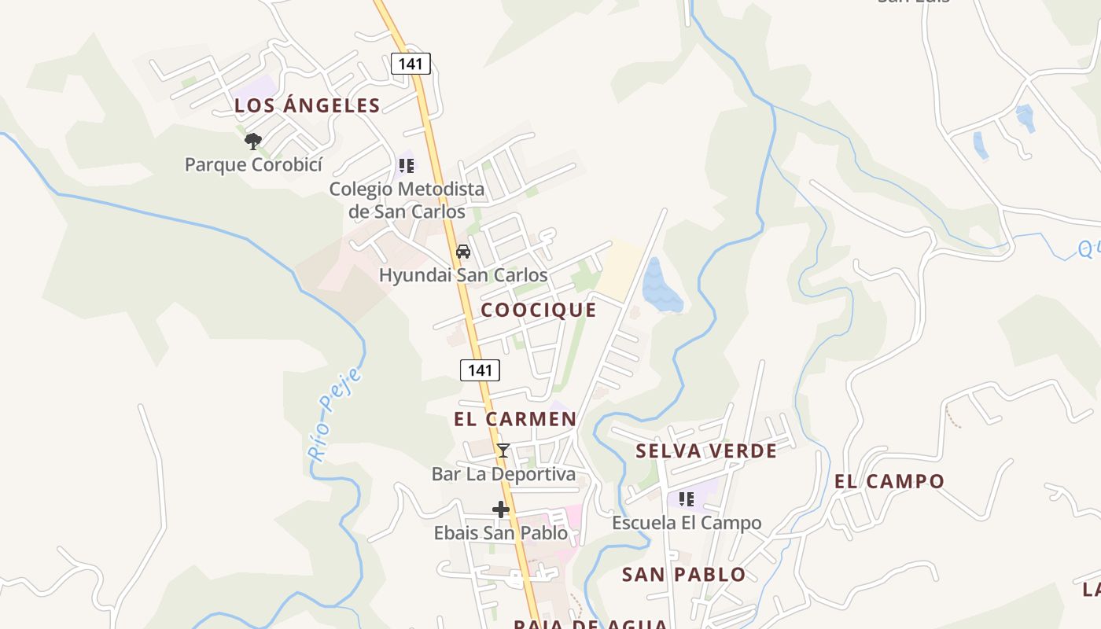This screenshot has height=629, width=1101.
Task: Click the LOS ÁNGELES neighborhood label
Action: tap(307, 105)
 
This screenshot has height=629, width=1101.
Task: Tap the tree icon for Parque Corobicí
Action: tap(252, 142)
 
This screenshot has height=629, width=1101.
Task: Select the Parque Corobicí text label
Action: tap(253, 165)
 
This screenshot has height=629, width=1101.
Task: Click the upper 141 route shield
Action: tap(411, 64)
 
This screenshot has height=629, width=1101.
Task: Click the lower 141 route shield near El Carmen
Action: tap(480, 370)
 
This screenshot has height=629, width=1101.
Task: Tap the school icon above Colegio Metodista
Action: tap(406, 166)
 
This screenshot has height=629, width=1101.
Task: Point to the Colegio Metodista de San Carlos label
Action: tap(407, 200)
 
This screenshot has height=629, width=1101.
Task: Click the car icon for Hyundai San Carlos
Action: tap(463, 252)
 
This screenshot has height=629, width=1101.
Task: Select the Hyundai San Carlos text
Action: tap(463, 275)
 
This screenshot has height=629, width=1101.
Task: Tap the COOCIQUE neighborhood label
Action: tap(539, 310)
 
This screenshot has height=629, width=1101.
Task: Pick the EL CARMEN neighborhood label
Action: tap(515, 419)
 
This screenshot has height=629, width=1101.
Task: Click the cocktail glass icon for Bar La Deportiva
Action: tap(503, 451)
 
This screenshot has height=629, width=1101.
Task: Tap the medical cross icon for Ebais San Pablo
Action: tap(501, 509)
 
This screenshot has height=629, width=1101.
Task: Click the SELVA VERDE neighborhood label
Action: tap(706, 451)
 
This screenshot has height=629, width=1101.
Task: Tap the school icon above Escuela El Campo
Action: tap(687, 498)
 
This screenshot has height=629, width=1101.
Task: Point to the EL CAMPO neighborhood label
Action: tap(889, 481)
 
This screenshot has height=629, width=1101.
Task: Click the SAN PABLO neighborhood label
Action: tap(683, 575)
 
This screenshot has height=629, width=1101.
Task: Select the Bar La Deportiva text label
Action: tap(503, 474)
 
